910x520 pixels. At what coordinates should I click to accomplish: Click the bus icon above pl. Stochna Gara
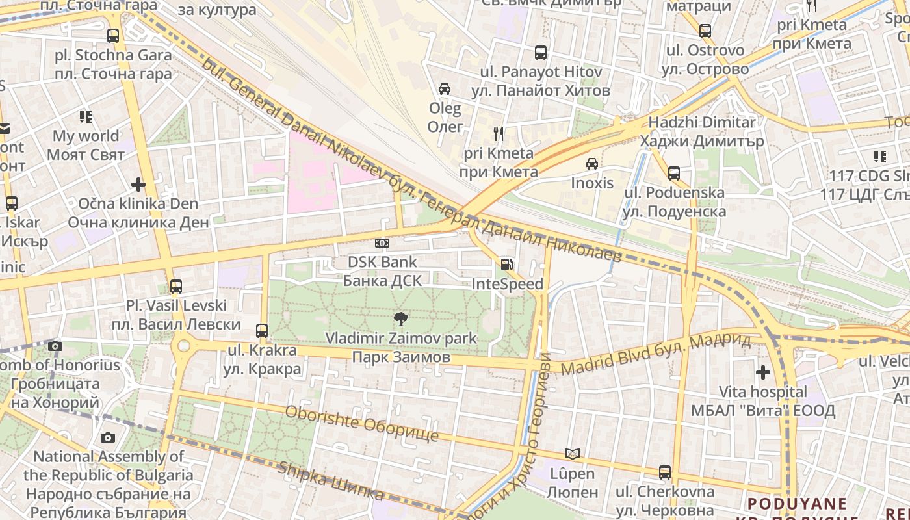click(113, 36)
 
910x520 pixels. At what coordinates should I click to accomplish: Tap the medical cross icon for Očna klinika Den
click(138, 185)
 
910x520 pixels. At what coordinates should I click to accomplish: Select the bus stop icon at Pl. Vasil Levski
click(175, 286)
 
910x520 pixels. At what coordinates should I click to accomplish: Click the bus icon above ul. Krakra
click(262, 330)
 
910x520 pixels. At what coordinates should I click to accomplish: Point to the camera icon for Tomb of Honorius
click(55, 346)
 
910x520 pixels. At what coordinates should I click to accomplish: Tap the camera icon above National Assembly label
click(107, 437)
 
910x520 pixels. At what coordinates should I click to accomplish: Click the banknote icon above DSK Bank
click(382, 243)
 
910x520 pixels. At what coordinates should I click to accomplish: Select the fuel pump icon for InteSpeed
click(506, 265)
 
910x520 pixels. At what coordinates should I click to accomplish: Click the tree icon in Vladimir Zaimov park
click(401, 318)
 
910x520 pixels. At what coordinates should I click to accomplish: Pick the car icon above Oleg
click(445, 89)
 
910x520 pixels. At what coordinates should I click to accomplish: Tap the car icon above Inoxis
click(591, 164)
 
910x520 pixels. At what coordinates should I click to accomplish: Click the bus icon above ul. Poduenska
click(674, 174)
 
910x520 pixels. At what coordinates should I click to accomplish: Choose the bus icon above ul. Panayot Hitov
click(541, 53)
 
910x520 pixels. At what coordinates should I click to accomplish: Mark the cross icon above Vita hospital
click(763, 372)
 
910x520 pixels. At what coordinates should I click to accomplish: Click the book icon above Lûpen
click(572, 454)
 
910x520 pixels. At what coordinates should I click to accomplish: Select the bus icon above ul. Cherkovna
click(664, 473)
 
